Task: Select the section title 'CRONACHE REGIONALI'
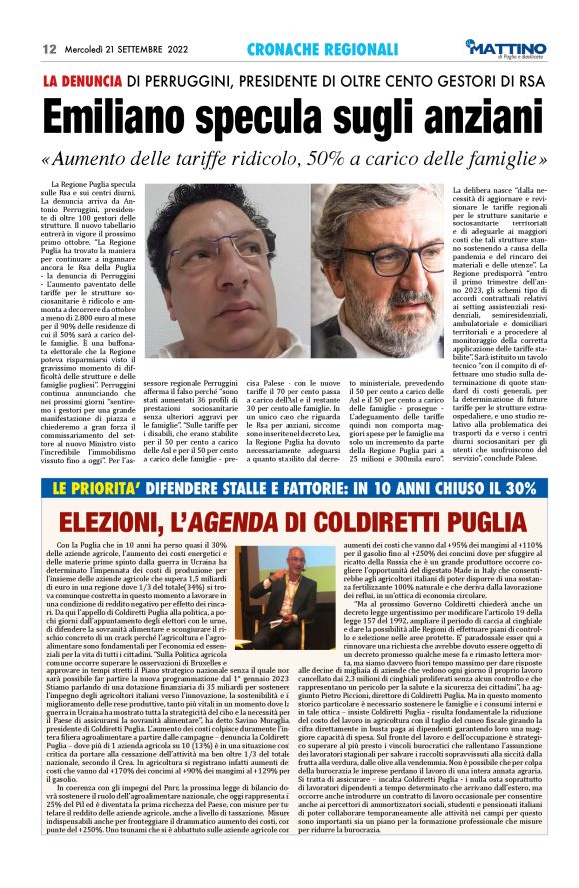pos(309,49)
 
